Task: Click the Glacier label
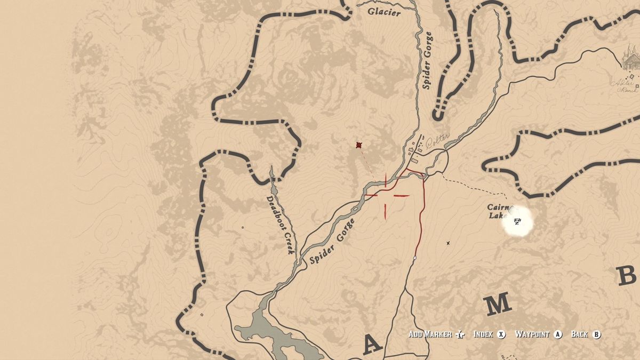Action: [x=384, y=12]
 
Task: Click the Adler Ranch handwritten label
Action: [x=625, y=86]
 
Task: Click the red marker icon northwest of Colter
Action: [x=359, y=145]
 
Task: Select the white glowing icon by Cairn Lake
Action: [x=517, y=220]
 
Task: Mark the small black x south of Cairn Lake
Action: [x=448, y=243]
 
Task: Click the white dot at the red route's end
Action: [x=415, y=258]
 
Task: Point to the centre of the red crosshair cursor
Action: [x=386, y=196]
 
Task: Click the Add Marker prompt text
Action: [x=430, y=334]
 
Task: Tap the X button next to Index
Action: [x=501, y=334]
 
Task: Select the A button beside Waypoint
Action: [x=558, y=334]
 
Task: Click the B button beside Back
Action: [x=596, y=334]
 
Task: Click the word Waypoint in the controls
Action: [x=532, y=334]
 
